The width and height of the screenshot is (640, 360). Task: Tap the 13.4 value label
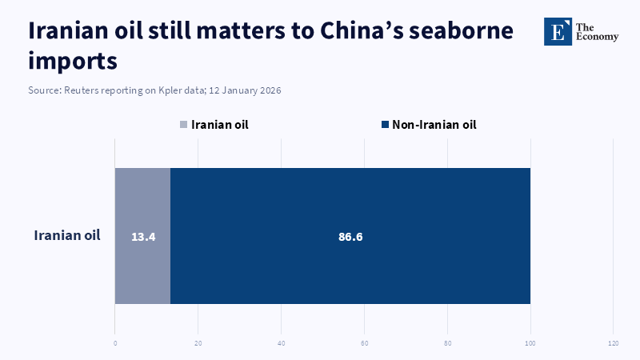click(142, 237)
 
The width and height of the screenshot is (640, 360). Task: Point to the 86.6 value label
click(350, 237)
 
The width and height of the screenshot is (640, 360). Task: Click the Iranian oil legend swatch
click(184, 125)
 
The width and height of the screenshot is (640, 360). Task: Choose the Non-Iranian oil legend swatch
click(385, 125)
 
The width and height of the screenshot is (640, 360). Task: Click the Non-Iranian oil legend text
click(434, 125)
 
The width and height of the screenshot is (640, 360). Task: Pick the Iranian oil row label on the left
click(67, 235)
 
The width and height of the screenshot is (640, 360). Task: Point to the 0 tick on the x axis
click(115, 344)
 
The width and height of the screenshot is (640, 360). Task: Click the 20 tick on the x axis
click(198, 344)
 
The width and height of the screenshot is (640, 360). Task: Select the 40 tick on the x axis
click(282, 344)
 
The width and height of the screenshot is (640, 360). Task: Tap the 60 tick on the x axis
click(364, 344)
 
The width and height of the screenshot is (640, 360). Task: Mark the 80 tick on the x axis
click(447, 344)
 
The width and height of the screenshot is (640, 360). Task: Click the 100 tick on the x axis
click(530, 344)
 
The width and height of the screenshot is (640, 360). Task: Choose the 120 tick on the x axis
click(613, 344)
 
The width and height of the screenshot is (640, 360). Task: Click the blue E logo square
click(558, 31)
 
